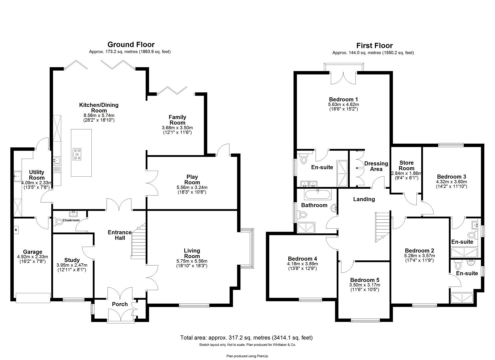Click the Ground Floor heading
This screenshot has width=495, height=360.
click(131, 44)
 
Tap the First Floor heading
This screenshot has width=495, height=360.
click(374, 45)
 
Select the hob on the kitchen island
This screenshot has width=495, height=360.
click(77, 154)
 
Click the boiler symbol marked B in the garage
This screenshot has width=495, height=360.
click(16, 229)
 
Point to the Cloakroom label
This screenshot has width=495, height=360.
click(71, 220)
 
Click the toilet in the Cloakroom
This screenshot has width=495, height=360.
click(58, 221)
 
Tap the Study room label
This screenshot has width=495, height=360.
click(72, 260)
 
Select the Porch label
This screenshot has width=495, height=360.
click(120, 304)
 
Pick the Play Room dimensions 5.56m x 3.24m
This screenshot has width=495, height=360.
click(192, 187)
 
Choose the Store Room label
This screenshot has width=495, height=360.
click(406, 165)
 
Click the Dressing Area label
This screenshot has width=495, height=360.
click(376, 166)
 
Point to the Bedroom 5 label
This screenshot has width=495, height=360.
click(364, 280)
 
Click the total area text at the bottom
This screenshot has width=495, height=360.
click(246, 338)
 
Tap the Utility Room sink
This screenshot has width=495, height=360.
click(17, 175)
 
